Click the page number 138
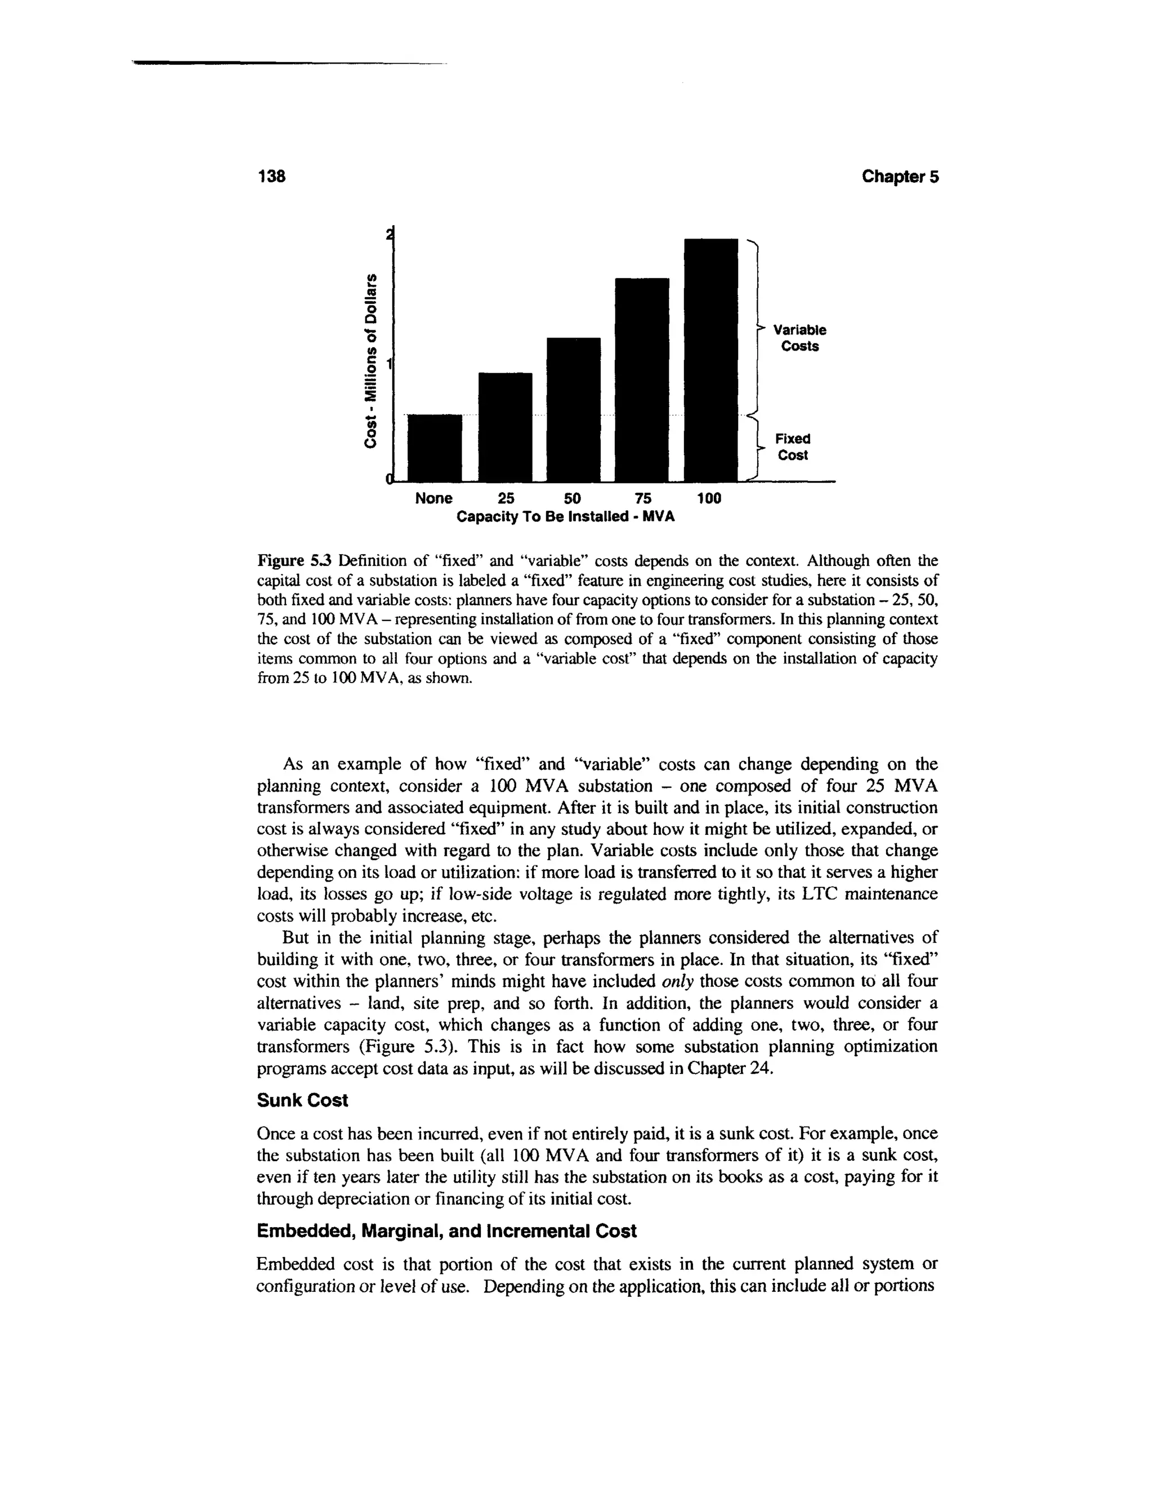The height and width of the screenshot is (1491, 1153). click(x=270, y=177)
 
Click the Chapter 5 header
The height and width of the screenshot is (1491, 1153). click(x=900, y=177)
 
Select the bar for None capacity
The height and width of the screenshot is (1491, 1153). click(x=435, y=448)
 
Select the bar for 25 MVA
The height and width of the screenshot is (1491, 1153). click(x=505, y=426)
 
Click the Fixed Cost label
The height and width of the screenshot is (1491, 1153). click(x=792, y=447)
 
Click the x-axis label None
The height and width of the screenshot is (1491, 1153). click(x=434, y=499)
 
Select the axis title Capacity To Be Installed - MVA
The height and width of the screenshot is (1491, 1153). click(x=565, y=516)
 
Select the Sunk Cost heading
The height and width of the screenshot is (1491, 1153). click(x=302, y=1101)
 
